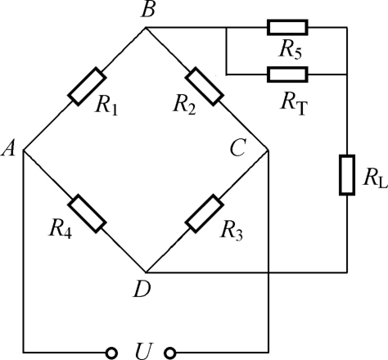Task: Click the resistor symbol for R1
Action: pyautogui.click(x=87, y=86)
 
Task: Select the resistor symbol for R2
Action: pyautogui.click(x=205, y=86)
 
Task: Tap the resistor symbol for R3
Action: pyautogui.click(x=205, y=214)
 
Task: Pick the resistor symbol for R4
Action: pyautogui.click(x=87, y=214)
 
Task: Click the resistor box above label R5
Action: pyautogui.click(x=287, y=27)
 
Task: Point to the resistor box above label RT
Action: pyautogui.click(x=287, y=74)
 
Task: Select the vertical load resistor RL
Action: pyautogui.click(x=347, y=175)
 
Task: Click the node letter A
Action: pyautogui.click(x=8, y=150)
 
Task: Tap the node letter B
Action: pyautogui.click(x=148, y=10)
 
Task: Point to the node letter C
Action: pyautogui.click(x=238, y=149)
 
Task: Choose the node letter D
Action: pyautogui.click(x=142, y=290)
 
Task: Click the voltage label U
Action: pyautogui.click(x=142, y=351)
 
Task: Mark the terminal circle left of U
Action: pyautogui.click(x=111, y=353)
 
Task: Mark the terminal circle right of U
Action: pyautogui.click(x=170, y=353)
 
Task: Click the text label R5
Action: pyautogui.click(x=290, y=50)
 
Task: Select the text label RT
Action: pyautogui.click(x=293, y=103)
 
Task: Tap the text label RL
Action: pyautogui.click(x=375, y=178)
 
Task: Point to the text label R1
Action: pyautogui.click(x=106, y=106)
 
